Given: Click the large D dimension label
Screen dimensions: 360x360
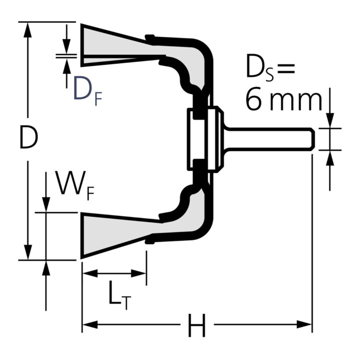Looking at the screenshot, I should (x=28, y=137).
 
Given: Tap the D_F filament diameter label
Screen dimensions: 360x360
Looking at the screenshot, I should (x=87, y=88).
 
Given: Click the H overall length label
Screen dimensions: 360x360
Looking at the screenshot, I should (x=196, y=327).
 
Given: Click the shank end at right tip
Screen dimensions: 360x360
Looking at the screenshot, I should (x=311, y=138).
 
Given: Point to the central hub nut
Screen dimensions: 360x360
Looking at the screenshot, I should (x=204, y=138).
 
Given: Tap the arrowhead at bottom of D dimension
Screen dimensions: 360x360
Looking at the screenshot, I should (x=28, y=252).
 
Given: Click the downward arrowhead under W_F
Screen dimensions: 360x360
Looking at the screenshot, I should (x=46, y=204).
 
